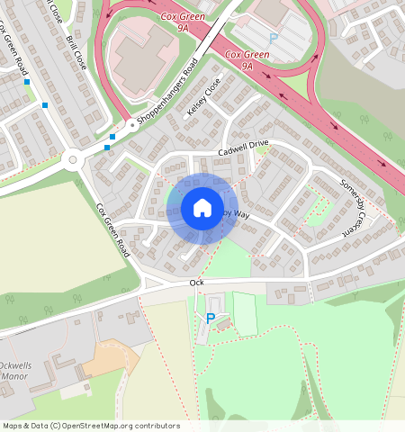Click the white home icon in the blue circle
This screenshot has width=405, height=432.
[x=202, y=209]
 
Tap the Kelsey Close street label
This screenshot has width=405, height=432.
[x=204, y=101]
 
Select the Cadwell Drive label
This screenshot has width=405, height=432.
[x=243, y=144]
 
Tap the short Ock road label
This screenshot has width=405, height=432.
[x=197, y=283]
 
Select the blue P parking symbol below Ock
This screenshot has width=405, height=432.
[x=211, y=318]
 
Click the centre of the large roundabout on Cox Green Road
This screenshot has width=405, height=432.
[x=73, y=161]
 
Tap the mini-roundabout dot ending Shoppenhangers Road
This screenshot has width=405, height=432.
[x=132, y=125]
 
